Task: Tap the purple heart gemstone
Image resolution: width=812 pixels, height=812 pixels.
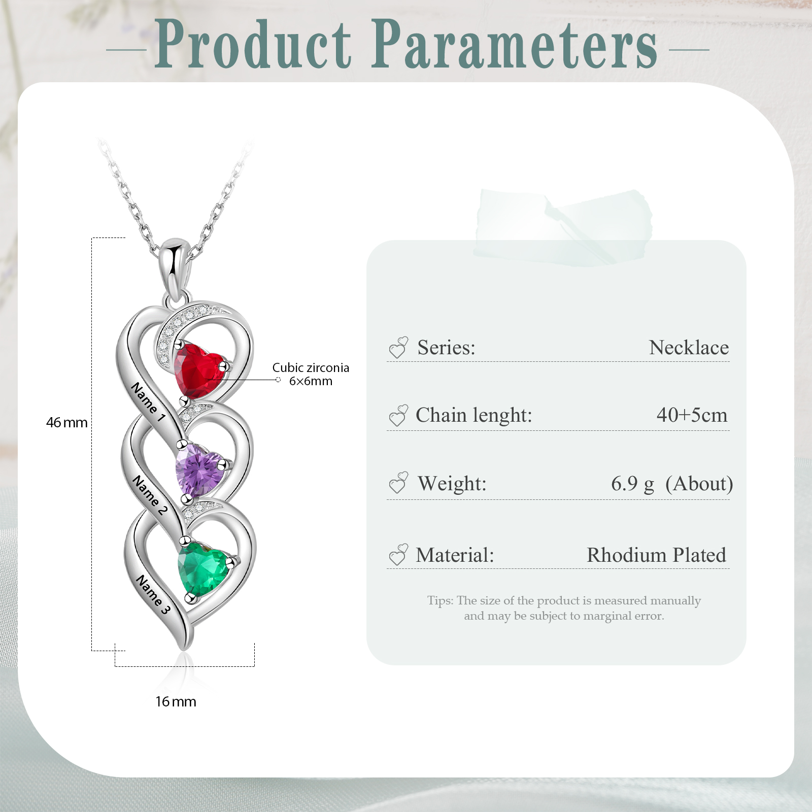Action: click(x=199, y=469)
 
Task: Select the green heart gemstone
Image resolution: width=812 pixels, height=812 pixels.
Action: click(x=203, y=567)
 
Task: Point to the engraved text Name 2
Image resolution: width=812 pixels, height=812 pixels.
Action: click(x=149, y=495)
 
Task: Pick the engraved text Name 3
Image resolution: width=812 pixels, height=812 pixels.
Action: click(x=153, y=594)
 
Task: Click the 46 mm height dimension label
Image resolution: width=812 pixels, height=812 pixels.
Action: click(x=66, y=422)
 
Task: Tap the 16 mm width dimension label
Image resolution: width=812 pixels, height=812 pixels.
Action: click(x=176, y=701)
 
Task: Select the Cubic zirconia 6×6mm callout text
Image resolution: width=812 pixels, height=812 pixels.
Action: click(x=311, y=374)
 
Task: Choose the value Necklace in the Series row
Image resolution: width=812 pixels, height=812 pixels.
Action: click(x=689, y=348)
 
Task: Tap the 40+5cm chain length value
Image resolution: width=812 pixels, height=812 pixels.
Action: click(x=692, y=415)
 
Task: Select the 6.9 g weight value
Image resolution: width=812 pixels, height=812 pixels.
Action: click(x=632, y=484)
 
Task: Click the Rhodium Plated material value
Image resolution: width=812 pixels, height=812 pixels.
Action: click(x=656, y=555)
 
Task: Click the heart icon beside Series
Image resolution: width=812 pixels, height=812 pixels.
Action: click(x=398, y=348)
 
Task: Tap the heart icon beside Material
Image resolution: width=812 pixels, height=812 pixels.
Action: click(x=398, y=555)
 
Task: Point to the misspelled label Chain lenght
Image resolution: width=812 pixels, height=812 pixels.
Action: click(x=473, y=415)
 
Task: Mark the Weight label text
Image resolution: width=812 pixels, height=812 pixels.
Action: click(x=452, y=484)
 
